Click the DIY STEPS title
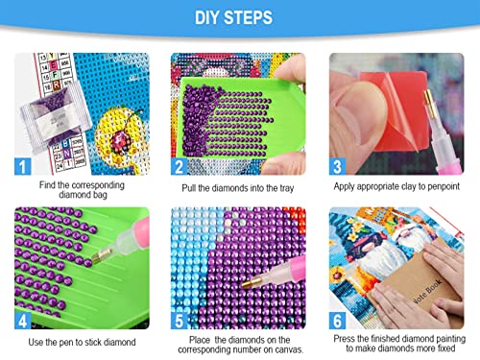coord(233,17)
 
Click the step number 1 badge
coord(23,166)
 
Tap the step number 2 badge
coord(179,166)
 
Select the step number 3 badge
coord(337,166)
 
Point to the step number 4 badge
coord(23,321)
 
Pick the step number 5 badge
coord(179,321)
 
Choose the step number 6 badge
coord(337,321)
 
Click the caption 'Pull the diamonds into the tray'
coord(238,188)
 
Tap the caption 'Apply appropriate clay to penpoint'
coord(396,186)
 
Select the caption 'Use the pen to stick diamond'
coord(82,342)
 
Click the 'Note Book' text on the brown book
coord(427,291)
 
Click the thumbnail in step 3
coord(396,114)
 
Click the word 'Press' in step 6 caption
coord(344,339)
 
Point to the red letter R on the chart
coord(57,85)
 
